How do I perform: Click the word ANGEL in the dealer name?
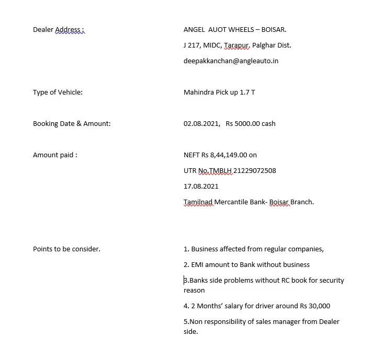click(194, 30)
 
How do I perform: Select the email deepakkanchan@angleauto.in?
click(231, 61)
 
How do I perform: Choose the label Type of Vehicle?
click(58, 92)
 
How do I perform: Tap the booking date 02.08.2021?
click(201, 124)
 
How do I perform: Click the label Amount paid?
click(54, 155)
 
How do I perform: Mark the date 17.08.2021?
click(201, 187)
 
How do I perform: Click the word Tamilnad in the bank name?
click(198, 202)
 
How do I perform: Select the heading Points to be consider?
click(66, 249)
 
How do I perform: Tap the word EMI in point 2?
click(198, 265)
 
